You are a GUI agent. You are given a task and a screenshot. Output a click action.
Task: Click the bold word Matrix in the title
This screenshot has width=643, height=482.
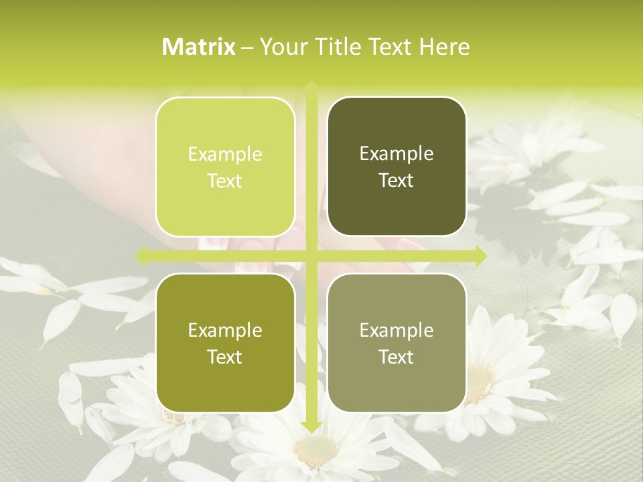(x=199, y=47)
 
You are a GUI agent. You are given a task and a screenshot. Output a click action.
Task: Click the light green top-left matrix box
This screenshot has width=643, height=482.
(x=225, y=167)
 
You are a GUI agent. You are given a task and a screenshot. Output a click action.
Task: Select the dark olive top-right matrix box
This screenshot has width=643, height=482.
(x=397, y=167)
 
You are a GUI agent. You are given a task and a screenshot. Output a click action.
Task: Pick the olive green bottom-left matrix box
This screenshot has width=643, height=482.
(x=225, y=343)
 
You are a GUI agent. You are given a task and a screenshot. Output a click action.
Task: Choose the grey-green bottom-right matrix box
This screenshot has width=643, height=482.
(x=397, y=343)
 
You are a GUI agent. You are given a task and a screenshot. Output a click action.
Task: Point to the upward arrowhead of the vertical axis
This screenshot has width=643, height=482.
(x=311, y=86)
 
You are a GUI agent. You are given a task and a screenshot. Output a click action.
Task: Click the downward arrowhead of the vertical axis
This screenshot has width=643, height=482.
(x=311, y=426)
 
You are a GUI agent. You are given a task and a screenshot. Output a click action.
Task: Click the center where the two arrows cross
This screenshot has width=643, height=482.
(x=311, y=255)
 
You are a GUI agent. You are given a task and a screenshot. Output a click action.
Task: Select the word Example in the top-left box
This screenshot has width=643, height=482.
(x=225, y=155)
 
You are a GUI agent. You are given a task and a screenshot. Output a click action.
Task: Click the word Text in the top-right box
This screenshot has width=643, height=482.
(x=397, y=181)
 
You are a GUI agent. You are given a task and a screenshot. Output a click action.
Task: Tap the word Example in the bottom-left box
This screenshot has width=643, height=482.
(x=225, y=331)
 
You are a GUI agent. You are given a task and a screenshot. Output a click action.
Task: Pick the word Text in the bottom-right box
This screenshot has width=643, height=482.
(x=397, y=357)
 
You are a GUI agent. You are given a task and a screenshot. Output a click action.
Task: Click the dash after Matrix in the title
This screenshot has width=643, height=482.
(x=247, y=48)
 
